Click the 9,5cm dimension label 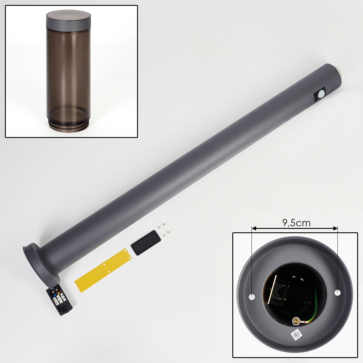click(x=296, y=223)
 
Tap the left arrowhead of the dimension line click(x=254, y=229)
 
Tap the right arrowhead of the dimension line click(x=335, y=229)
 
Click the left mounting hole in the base click(x=252, y=297)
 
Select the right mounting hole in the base click(x=337, y=292)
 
